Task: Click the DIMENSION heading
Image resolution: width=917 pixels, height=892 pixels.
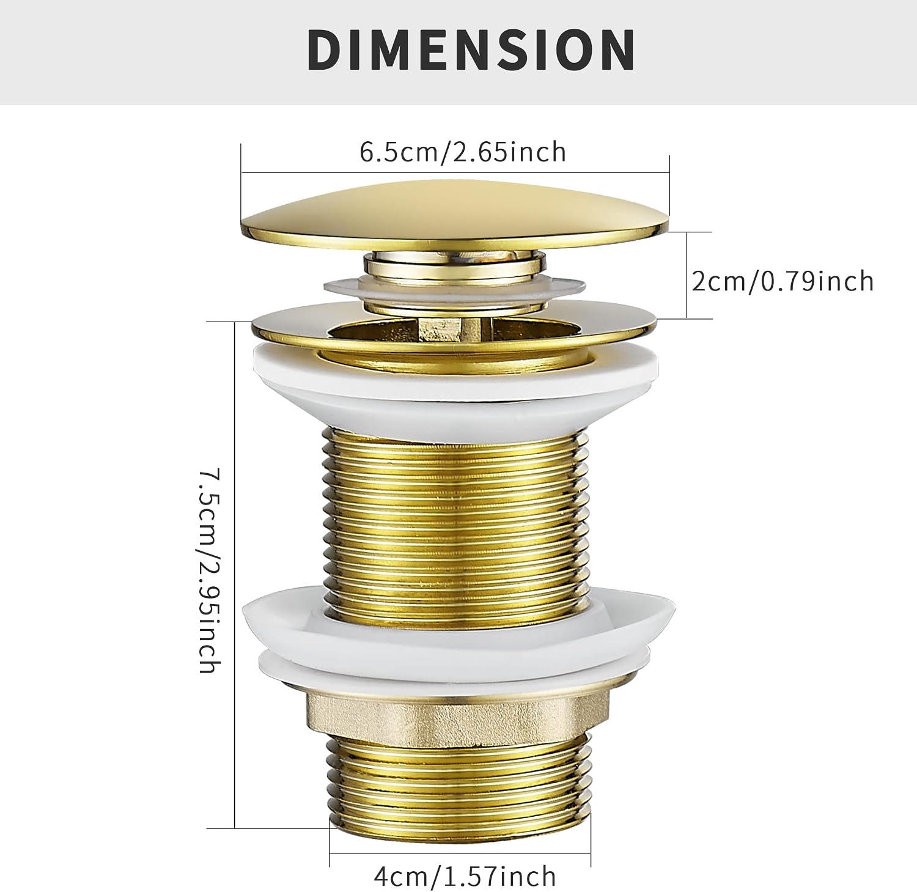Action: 471,50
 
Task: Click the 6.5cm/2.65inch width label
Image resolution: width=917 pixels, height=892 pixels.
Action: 463,152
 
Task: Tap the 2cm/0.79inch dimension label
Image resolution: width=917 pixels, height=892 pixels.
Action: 783,281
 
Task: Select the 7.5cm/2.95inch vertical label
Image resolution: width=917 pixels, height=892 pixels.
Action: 208,571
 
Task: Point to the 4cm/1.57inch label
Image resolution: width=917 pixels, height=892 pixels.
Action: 465,876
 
